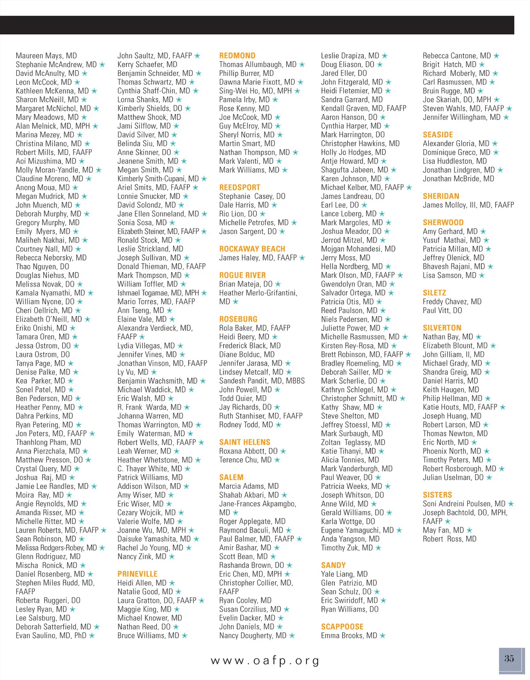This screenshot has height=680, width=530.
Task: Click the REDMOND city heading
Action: coord(237,56)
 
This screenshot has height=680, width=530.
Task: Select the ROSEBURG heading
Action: coord(238,319)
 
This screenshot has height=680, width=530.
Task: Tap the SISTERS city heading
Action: coord(437,495)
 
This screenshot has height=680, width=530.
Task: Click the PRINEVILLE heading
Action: coord(137,574)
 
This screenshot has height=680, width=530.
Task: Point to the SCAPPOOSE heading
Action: coord(342,627)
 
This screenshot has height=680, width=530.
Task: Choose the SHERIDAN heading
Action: coord(441,196)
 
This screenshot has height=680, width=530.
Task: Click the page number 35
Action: coord(509,659)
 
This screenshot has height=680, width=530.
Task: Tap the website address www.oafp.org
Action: coord(265,661)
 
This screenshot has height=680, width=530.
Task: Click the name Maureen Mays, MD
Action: coord(46,56)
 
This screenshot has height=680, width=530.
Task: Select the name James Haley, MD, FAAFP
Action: coord(258,258)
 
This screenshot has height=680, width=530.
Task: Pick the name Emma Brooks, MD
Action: coord(349,635)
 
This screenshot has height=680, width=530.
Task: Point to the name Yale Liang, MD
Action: coord(344,574)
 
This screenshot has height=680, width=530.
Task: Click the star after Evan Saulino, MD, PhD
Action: coord(92,635)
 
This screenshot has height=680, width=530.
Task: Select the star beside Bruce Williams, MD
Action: coord(185,635)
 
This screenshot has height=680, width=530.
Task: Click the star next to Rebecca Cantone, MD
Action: coord(496,56)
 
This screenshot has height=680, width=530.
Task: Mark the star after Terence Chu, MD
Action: coord(277,460)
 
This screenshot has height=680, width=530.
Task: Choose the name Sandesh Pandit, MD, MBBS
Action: coord(262,381)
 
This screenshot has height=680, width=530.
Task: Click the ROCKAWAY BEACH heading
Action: coord(252,249)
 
